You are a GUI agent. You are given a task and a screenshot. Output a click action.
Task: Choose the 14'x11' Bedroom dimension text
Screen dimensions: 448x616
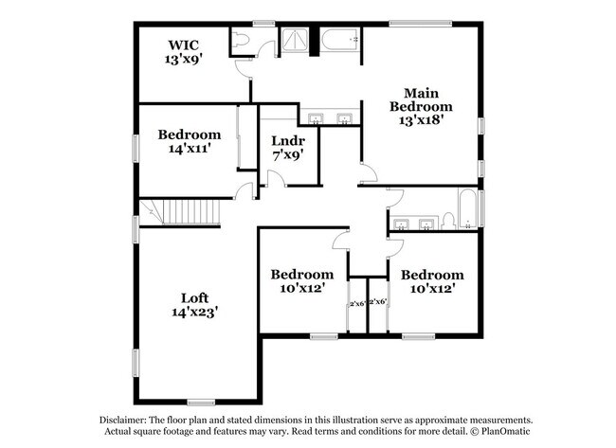coord(190,149)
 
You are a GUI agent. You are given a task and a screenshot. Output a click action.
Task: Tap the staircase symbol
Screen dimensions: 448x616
coord(181,213)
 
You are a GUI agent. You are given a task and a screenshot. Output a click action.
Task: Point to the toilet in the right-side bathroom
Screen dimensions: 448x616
coord(449,222)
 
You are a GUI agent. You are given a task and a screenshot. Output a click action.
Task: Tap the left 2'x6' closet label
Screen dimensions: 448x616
coord(358,303)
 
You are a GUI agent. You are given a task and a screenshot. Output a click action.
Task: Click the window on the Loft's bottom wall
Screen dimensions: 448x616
coord(201,403)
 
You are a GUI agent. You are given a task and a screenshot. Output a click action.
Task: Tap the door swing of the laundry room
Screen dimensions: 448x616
coord(278,178)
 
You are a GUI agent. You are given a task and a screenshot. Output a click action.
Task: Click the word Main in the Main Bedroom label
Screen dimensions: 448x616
coord(421,93)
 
